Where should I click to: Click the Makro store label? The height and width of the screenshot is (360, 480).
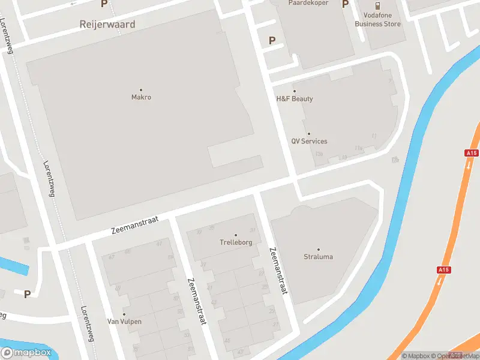(x=141, y=97)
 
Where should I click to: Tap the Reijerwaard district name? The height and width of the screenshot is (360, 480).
(x=107, y=25)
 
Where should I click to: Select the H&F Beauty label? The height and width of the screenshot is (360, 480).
(x=294, y=99)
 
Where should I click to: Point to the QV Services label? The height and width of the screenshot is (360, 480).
(x=309, y=142)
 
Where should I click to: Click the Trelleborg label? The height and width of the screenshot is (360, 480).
(x=235, y=243)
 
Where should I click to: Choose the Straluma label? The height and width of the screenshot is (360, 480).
(x=318, y=257)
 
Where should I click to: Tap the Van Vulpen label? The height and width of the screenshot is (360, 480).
(x=124, y=322)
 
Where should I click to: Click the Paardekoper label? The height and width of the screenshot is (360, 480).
(x=308, y=3)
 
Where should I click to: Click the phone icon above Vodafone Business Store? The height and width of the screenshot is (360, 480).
(x=378, y=5)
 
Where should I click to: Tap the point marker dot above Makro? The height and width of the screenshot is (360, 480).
(x=141, y=90)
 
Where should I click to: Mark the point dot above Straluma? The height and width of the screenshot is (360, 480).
(x=319, y=250)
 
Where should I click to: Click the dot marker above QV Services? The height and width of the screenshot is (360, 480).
(x=309, y=134)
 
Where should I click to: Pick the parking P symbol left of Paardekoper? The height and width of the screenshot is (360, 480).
(x=272, y=41)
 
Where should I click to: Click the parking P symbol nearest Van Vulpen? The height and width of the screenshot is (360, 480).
(x=27, y=294)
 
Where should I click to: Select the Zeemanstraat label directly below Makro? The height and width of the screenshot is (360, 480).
(x=134, y=226)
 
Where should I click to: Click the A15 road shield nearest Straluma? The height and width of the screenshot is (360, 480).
(x=444, y=271)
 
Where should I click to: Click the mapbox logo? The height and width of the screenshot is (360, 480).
(x=26, y=353)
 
